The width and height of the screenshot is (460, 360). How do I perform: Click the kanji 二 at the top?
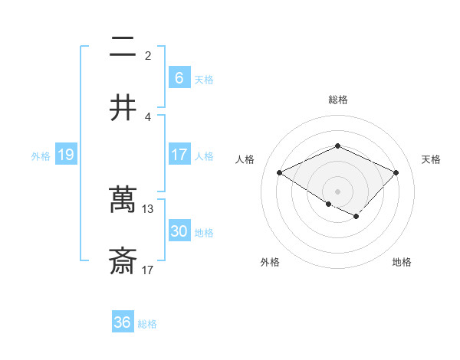click(123, 47)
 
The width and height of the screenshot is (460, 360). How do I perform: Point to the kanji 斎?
click(123, 261)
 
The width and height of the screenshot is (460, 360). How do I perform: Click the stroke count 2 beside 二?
click(148, 55)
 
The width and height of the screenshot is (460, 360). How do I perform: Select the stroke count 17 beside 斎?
click(148, 270)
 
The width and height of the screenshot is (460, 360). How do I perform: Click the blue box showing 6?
click(179, 78)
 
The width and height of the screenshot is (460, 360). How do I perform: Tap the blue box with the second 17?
click(179, 155)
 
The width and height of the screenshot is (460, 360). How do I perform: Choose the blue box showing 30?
click(179, 231)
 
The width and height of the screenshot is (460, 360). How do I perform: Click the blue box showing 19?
click(65, 155)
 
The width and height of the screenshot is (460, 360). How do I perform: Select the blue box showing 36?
click(122, 322)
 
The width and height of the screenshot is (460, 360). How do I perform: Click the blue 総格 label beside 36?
click(147, 324)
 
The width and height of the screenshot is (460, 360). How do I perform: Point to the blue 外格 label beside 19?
click(41, 156)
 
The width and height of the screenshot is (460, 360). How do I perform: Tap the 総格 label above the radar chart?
click(337, 100)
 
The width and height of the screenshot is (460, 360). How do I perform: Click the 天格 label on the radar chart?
click(431, 159)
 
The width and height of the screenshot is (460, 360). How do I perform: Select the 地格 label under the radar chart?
click(402, 262)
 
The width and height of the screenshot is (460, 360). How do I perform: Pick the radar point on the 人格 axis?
click(280, 173)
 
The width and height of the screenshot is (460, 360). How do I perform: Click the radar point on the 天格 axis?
click(396, 173)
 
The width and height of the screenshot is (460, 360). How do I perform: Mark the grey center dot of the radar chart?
click(337, 191)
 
